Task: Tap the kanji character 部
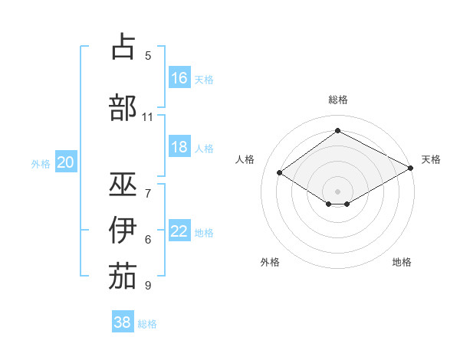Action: click(123, 107)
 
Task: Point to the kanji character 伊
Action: click(123, 231)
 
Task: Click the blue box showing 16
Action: click(179, 78)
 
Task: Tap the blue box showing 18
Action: click(179, 147)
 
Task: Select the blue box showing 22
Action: click(179, 231)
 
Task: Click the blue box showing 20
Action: click(66, 162)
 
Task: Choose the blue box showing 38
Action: click(123, 322)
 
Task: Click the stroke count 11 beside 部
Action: click(148, 117)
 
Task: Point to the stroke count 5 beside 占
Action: click(148, 56)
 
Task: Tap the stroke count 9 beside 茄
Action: click(148, 286)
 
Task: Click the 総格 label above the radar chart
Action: click(337, 100)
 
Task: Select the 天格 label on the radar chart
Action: click(431, 159)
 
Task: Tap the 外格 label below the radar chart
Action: click(270, 262)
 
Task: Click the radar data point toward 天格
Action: click(411, 169)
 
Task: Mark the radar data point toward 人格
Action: click(279, 173)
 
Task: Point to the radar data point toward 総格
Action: click(337, 131)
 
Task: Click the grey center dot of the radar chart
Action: click(337, 190)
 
